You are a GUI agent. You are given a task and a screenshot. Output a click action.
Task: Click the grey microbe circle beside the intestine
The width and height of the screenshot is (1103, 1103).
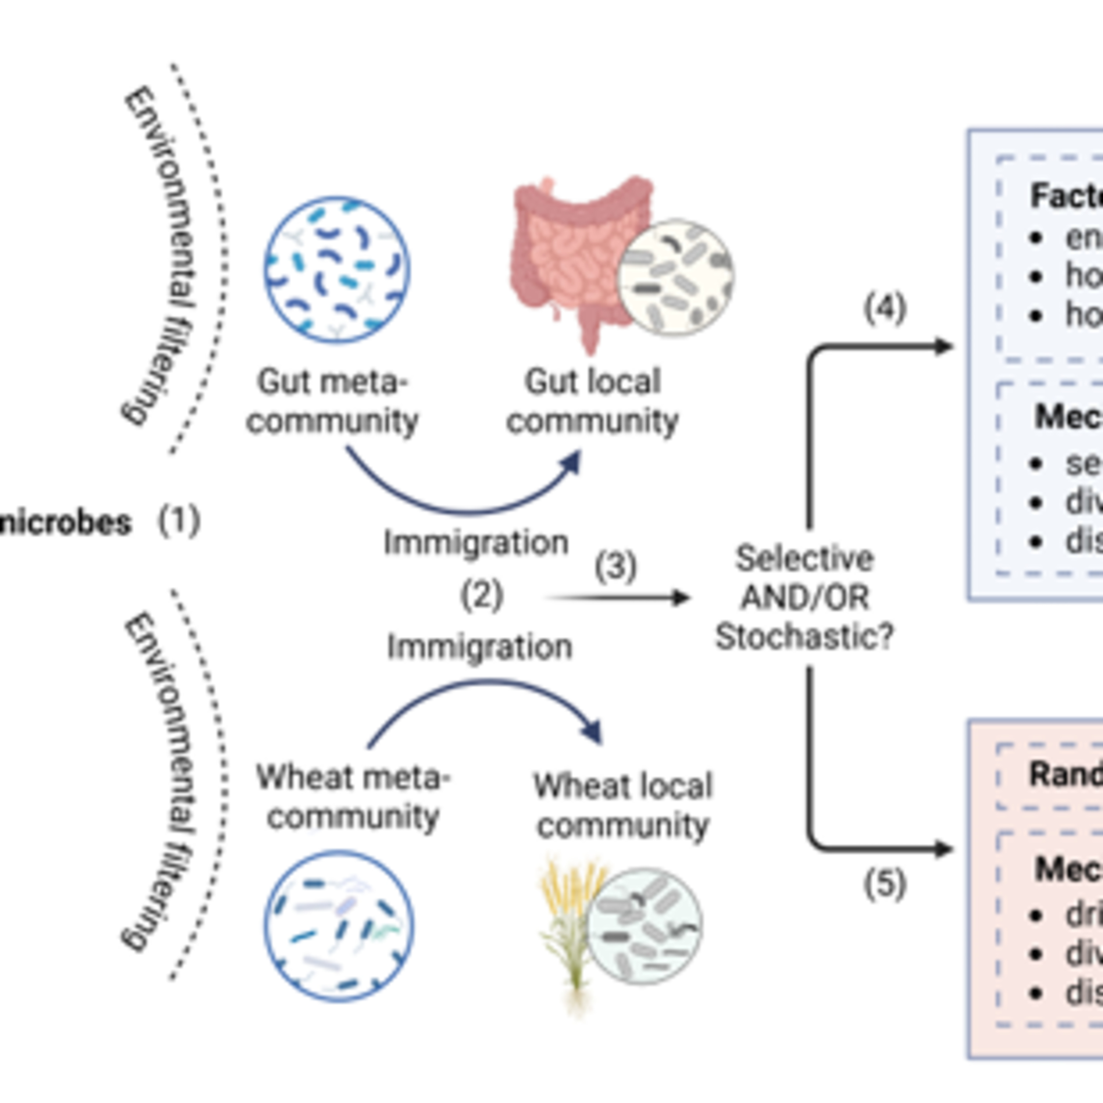tap(677, 277)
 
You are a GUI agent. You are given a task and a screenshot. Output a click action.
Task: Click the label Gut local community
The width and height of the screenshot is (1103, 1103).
tap(593, 401)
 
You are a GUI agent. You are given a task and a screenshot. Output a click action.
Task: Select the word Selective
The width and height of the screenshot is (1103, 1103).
tap(805, 558)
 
